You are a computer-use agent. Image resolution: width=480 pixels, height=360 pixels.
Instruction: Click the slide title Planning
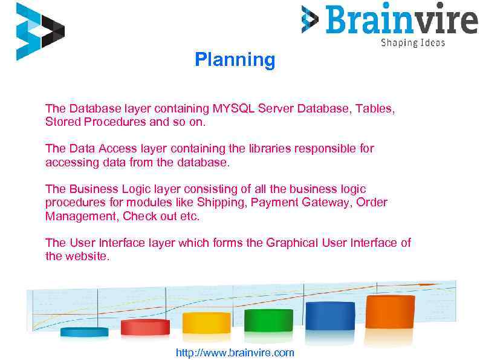pos(235,60)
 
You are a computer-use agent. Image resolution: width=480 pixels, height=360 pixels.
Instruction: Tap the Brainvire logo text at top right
pos(401,19)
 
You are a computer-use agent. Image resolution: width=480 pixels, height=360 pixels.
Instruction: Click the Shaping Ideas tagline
pos(412,42)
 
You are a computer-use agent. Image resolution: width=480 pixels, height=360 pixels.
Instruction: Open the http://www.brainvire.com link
pos(235,352)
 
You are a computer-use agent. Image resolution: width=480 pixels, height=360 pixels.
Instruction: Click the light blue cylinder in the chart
pos(84,332)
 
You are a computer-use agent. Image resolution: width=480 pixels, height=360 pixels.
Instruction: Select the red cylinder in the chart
pos(145,327)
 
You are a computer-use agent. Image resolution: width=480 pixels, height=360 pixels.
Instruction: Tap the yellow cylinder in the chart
pos(206,322)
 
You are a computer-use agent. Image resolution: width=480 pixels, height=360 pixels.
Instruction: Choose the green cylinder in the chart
pos(268,319)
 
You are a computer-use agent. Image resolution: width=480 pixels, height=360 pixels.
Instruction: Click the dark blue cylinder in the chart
pos(329,315)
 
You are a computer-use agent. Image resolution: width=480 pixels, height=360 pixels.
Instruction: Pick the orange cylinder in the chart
pos(390,312)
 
